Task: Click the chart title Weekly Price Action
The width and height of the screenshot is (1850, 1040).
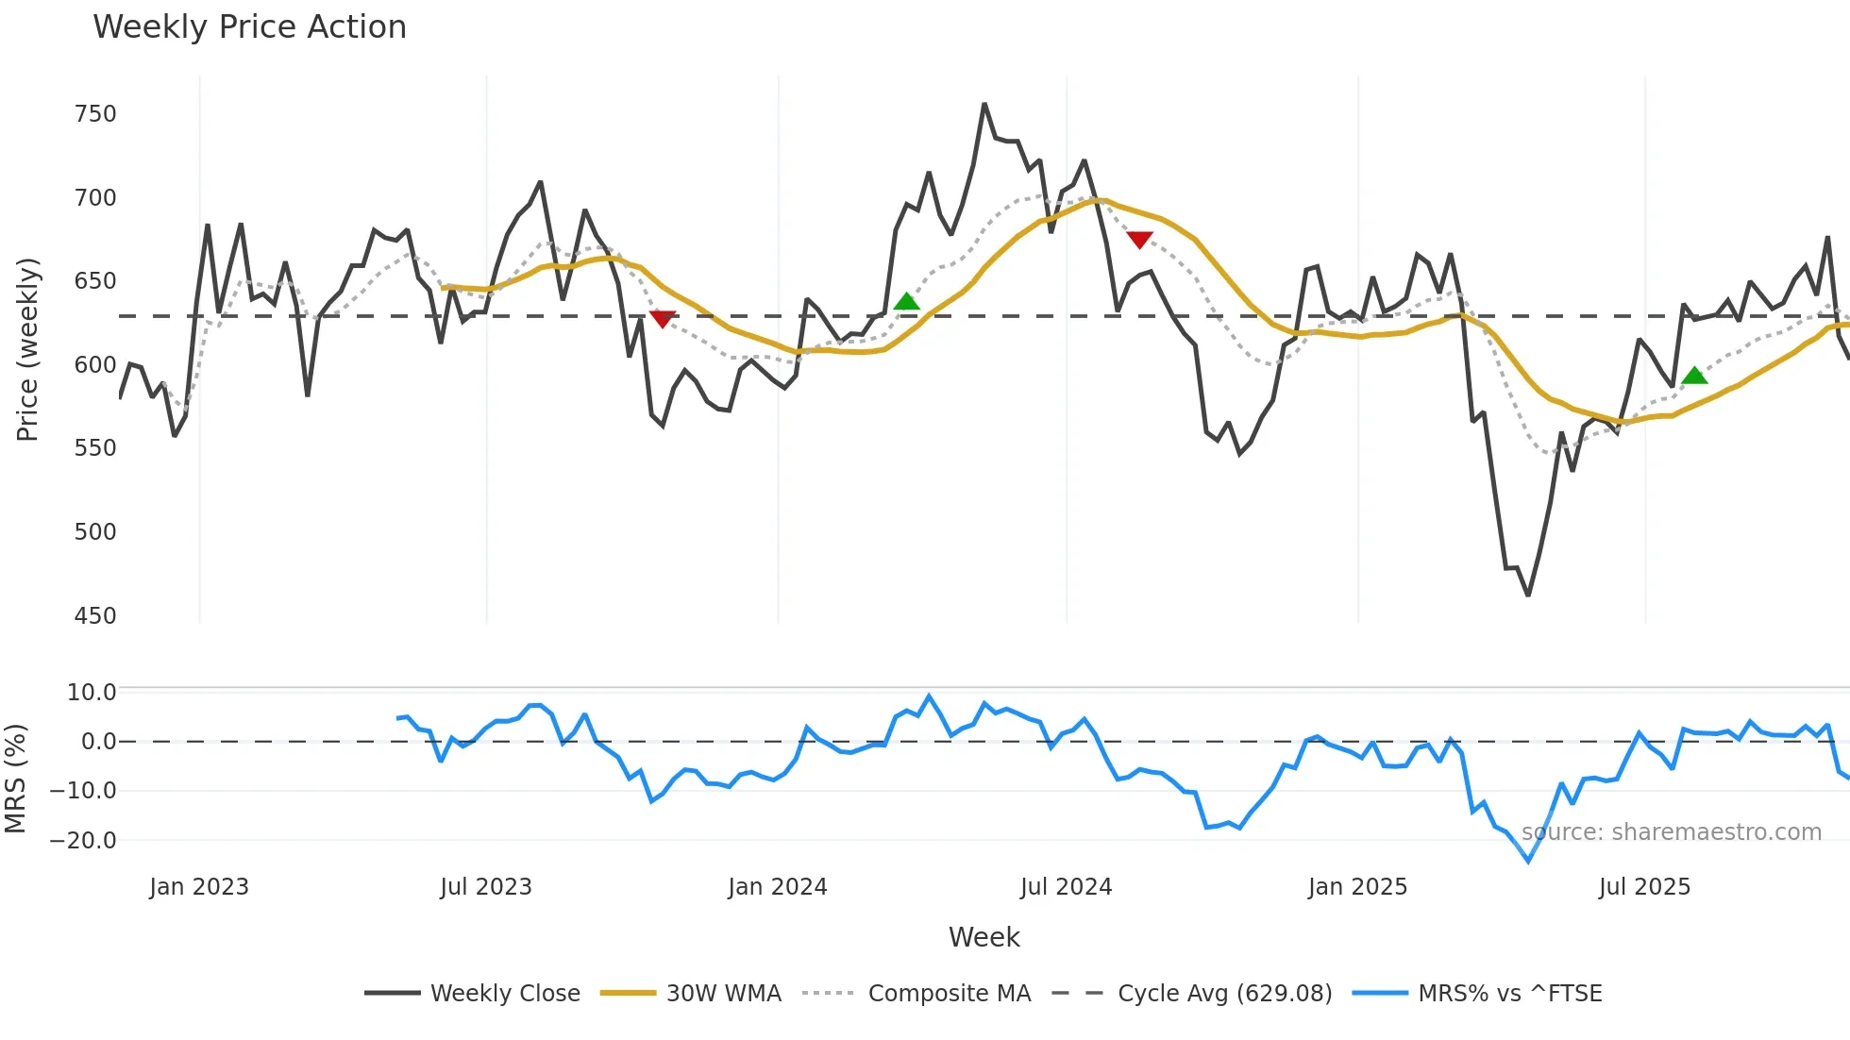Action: pos(249,27)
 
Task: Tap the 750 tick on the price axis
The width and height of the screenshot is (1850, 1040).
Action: pos(95,114)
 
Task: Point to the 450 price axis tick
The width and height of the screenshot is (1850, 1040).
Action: pos(95,616)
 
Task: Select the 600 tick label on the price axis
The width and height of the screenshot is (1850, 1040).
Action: pos(95,365)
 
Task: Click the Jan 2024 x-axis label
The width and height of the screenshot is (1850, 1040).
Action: pos(778,887)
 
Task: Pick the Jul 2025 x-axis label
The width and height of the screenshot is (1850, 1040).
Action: pos(1644,887)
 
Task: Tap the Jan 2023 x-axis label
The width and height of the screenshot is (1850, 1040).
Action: pos(199,887)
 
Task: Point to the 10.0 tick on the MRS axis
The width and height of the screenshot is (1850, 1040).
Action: pos(92,693)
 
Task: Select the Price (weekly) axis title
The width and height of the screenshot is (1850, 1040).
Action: pos(28,349)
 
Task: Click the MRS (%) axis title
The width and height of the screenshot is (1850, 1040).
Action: pos(15,779)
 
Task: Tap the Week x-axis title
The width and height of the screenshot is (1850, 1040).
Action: pos(984,937)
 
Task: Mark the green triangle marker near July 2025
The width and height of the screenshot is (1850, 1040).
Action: pos(1694,376)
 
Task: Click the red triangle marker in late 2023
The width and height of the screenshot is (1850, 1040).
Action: pos(663,319)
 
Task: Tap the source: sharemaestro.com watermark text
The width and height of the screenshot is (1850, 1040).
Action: pos(1671,832)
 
